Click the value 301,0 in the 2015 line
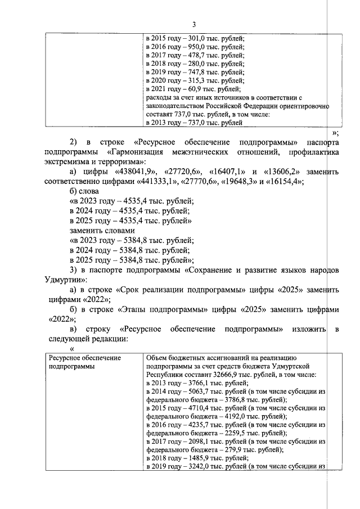pos(196,39)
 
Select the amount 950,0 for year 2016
pos(196,47)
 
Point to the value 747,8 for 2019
pos(196,73)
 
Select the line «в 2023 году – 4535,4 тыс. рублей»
pos(130,201)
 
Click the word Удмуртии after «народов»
pos(65,280)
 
